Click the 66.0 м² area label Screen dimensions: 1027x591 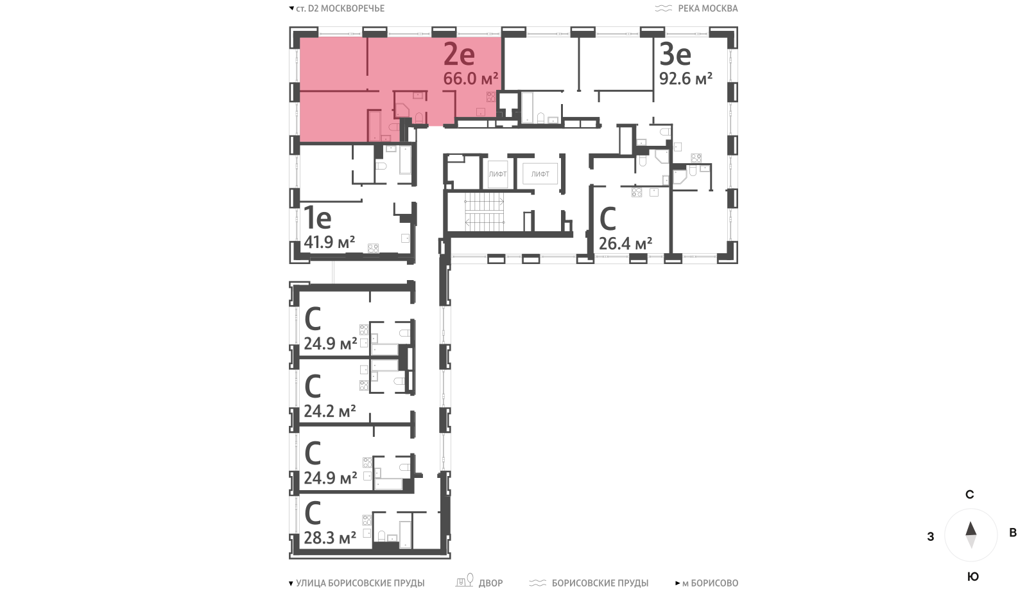[x=470, y=78]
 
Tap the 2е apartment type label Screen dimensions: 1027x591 [x=459, y=55]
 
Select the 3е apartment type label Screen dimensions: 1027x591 [x=675, y=55]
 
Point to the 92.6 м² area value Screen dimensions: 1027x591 [x=686, y=78]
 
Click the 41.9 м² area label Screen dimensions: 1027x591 [x=329, y=242]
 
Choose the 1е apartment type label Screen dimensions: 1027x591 [x=317, y=218]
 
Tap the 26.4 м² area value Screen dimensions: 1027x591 [x=625, y=243]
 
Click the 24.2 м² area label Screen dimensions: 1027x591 [x=330, y=410]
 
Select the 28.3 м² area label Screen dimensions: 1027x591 [x=330, y=537]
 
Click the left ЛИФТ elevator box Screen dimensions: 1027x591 [x=497, y=174]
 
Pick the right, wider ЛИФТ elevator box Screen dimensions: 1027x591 [x=540, y=174]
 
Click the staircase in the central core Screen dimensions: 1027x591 [x=484, y=212]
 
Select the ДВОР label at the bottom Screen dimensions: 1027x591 [x=490, y=583]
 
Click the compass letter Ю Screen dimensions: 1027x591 [x=973, y=577]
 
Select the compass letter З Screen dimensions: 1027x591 [x=930, y=536]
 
